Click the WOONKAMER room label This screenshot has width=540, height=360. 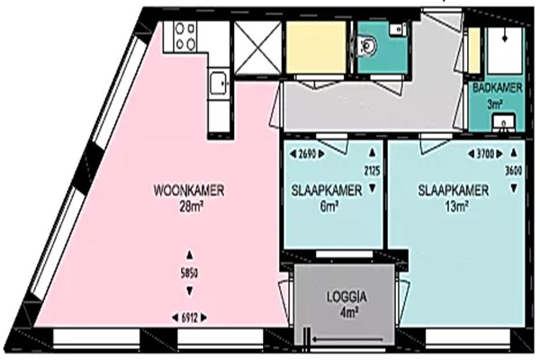[189, 191]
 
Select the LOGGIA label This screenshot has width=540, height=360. [346, 297]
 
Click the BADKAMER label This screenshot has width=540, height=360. [498, 88]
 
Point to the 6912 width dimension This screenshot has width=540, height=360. [189, 318]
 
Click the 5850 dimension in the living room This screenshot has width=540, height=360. [189, 274]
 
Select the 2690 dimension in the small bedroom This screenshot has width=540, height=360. [307, 154]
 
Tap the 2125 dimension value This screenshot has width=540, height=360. [372, 170]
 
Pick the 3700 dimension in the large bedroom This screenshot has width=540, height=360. [485, 154]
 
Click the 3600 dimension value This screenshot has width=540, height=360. [514, 171]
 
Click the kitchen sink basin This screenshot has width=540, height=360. [219, 83]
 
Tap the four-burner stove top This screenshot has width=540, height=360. [185, 37]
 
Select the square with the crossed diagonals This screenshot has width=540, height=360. [257, 47]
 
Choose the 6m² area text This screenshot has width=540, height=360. [328, 206]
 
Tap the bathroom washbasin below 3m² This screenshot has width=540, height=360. [505, 123]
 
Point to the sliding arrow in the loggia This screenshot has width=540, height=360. [347, 339]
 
